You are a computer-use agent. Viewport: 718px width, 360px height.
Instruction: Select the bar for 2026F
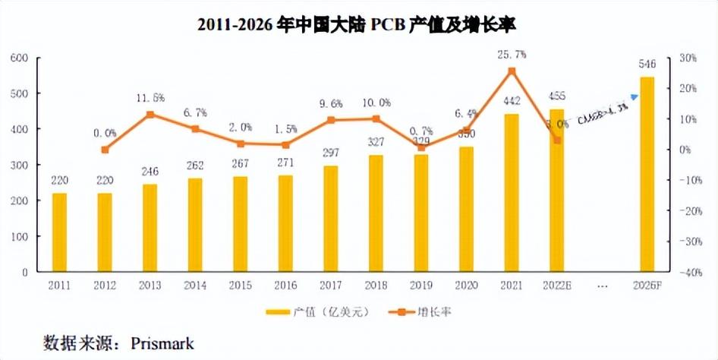(647, 175)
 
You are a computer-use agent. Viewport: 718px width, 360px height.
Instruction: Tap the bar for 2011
(59, 232)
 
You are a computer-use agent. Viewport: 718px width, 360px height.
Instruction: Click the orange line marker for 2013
(150, 115)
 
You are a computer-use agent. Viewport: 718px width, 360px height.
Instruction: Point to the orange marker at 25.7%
(512, 71)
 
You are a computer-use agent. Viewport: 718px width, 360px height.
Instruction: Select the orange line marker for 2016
(285, 145)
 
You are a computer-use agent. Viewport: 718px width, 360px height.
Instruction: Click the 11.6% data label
(150, 99)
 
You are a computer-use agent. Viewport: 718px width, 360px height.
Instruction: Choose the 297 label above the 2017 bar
(330, 154)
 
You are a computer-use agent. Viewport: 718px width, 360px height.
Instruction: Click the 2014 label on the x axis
(195, 286)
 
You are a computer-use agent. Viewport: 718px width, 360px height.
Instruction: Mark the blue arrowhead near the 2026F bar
(634, 96)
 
